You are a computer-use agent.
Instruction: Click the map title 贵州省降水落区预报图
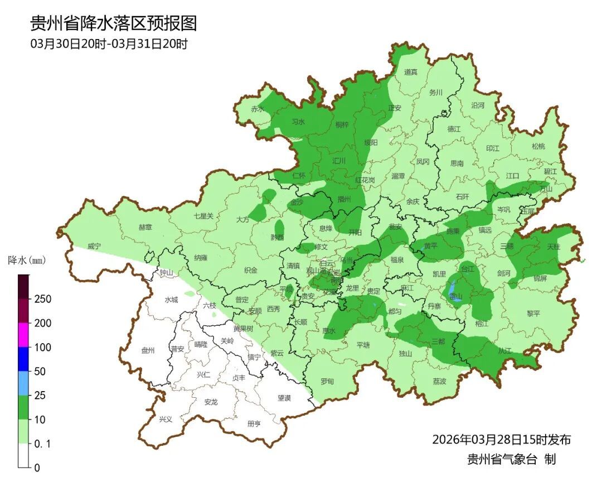coord(113,23)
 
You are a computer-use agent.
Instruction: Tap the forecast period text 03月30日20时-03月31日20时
coord(109,44)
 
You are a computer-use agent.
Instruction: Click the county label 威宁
coord(94,246)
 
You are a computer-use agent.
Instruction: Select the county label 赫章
coord(145,227)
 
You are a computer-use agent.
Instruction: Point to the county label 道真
coord(411,72)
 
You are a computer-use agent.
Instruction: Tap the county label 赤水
coord(257,109)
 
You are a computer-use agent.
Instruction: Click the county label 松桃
coord(538,146)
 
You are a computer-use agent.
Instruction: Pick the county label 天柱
coord(553,246)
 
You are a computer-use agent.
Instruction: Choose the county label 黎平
coord(533,314)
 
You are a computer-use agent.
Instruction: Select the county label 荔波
coord(439,381)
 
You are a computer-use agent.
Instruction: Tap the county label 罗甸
coord(327,381)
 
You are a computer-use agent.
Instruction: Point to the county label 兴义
coord(166,419)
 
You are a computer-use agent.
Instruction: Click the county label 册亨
coord(254,423)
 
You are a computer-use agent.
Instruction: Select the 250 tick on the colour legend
coord(43,299)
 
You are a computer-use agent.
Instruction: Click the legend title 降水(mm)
coord(26,260)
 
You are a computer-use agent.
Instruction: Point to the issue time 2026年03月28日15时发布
coord(501,440)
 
